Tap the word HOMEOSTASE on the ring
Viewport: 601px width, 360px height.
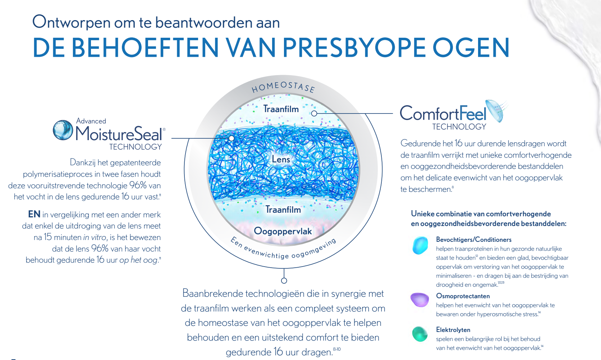pyautogui.click(x=283, y=87)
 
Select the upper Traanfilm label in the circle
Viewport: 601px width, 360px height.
pyautogui.click(x=281, y=109)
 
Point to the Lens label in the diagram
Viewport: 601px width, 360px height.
pyautogui.click(x=281, y=160)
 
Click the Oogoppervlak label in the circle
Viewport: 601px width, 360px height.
pyautogui.click(x=283, y=231)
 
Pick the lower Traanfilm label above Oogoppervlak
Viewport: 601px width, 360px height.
pyautogui.click(x=283, y=209)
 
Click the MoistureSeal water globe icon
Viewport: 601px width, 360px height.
pyautogui.click(x=63, y=130)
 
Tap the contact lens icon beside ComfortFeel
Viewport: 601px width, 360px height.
pyautogui.click(x=497, y=111)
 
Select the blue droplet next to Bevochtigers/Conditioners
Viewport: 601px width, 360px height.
pyautogui.click(x=420, y=245)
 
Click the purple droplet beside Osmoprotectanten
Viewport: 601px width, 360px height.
pyautogui.click(x=420, y=300)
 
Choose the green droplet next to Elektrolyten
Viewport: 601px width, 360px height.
pyautogui.click(x=420, y=334)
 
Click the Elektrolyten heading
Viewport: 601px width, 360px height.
pyautogui.click(x=453, y=330)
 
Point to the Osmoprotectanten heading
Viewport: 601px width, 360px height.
pyautogui.click(x=463, y=296)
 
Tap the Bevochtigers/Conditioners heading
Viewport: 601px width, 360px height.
pyautogui.click(x=474, y=240)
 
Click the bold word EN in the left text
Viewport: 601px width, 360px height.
pyautogui.click(x=34, y=214)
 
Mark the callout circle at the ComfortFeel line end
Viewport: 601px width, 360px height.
pyautogui.click(x=314, y=114)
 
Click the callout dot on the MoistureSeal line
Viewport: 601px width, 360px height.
pyautogui.click(x=231, y=138)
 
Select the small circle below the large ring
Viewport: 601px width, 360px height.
pyautogui.click(x=284, y=281)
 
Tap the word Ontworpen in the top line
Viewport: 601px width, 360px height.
pyautogui.click(x=72, y=22)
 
